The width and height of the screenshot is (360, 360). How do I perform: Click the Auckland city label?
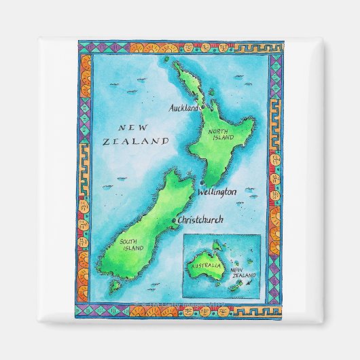click(x=183, y=107)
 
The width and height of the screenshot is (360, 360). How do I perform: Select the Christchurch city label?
click(x=206, y=221)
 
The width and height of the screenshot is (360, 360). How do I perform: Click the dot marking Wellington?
click(x=201, y=184)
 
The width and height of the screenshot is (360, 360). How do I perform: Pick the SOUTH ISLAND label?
click(x=133, y=245)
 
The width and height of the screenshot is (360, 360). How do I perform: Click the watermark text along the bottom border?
click(x=180, y=299)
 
